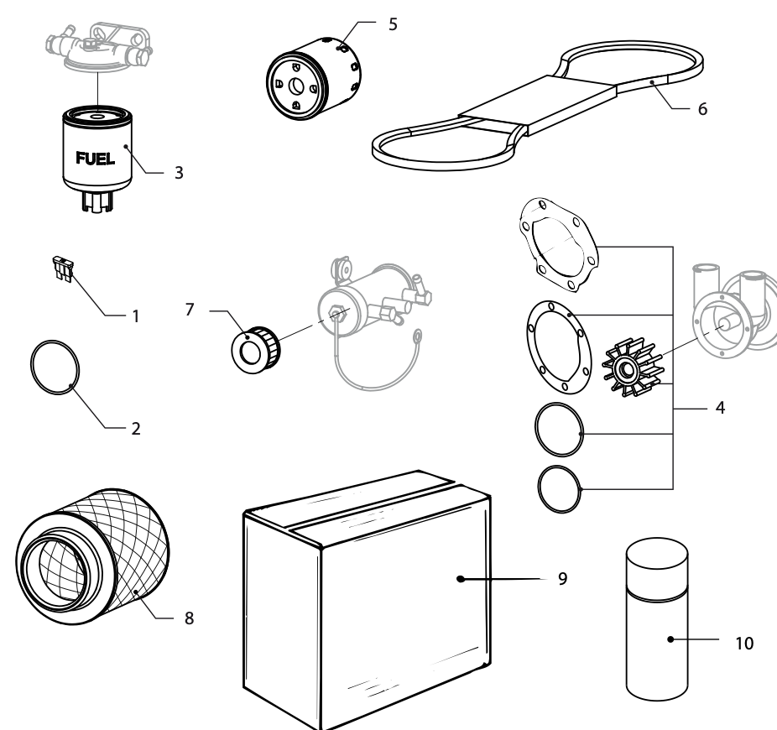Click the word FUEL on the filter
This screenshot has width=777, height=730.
pos(95,158)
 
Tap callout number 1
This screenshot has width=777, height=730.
pos(136,316)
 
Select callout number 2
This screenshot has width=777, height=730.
pos(136,429)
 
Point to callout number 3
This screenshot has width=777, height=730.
pos(179,173)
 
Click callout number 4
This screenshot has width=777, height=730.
pos(720,407)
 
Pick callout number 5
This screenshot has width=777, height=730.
pos(393,24)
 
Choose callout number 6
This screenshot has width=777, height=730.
pos(702,109)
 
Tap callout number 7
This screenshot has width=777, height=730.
pos(190,310)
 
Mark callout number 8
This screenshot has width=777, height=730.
pos(189,618)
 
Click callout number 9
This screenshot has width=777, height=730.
pos(562,578)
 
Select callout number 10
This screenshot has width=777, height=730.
pos(744,644)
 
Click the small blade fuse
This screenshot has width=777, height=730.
pos(64,269)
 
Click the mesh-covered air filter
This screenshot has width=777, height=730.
pos(92,556)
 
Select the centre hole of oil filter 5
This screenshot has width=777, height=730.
pos(296,86)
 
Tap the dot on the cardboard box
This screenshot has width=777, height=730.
pos(461,579)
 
